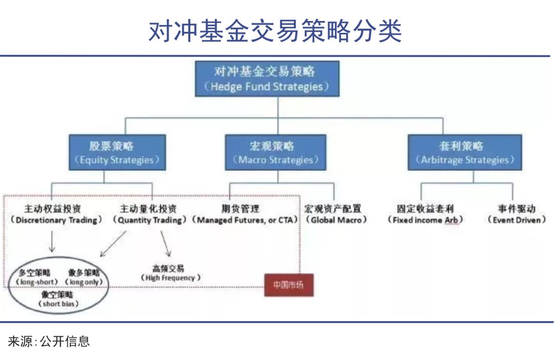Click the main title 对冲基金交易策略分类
point(276,31)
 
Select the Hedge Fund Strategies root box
point(267,78)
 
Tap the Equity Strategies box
point(117,152)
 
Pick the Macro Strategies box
point(276,152)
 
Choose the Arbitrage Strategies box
point(465,152)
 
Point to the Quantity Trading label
point(148,215)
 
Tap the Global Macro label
point(336,215)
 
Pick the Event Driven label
point(517,215)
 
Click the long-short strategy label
point(35,277)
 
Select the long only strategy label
point(84,277)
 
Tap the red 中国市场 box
point(288,285)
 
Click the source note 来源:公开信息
point(49,341)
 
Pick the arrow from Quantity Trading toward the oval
point(113,244)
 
